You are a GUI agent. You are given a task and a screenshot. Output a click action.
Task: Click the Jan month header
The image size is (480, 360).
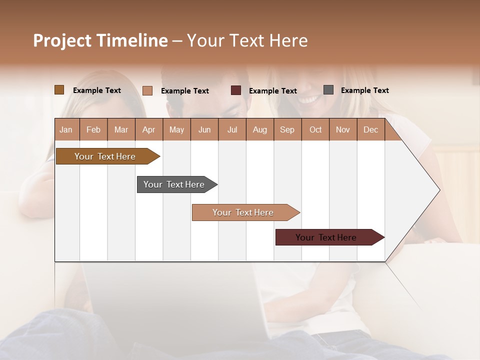coord(66,130)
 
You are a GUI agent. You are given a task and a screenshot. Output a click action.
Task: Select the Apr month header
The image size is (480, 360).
coord(148,130)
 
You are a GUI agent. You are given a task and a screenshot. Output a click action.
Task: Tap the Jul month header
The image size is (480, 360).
coord(232,130)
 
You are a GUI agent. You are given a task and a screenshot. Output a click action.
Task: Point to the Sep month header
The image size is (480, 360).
coord(287,130)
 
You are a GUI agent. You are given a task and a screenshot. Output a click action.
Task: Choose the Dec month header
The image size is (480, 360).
coord(370,130)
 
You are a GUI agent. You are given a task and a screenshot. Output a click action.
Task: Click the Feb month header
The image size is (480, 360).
coord(93,130)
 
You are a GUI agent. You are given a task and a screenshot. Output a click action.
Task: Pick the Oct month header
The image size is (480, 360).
coord(315,130)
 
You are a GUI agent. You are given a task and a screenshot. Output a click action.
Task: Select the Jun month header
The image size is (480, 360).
coord(204,130)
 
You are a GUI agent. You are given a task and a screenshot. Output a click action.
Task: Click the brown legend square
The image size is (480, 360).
coord(59,90)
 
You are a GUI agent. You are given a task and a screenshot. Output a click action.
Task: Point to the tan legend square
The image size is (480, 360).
coord(147,90)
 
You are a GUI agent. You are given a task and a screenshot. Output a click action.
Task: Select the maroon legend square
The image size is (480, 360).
coord(236,90)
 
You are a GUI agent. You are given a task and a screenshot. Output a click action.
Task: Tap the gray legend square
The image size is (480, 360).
coord(328,90)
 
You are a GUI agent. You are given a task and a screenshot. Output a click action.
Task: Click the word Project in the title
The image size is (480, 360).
coord(63,40)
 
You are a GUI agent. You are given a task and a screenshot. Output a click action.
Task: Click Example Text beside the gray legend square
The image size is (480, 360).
coord(364,90)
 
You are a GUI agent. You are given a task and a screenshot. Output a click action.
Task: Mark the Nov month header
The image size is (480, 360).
coord(343,130)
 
